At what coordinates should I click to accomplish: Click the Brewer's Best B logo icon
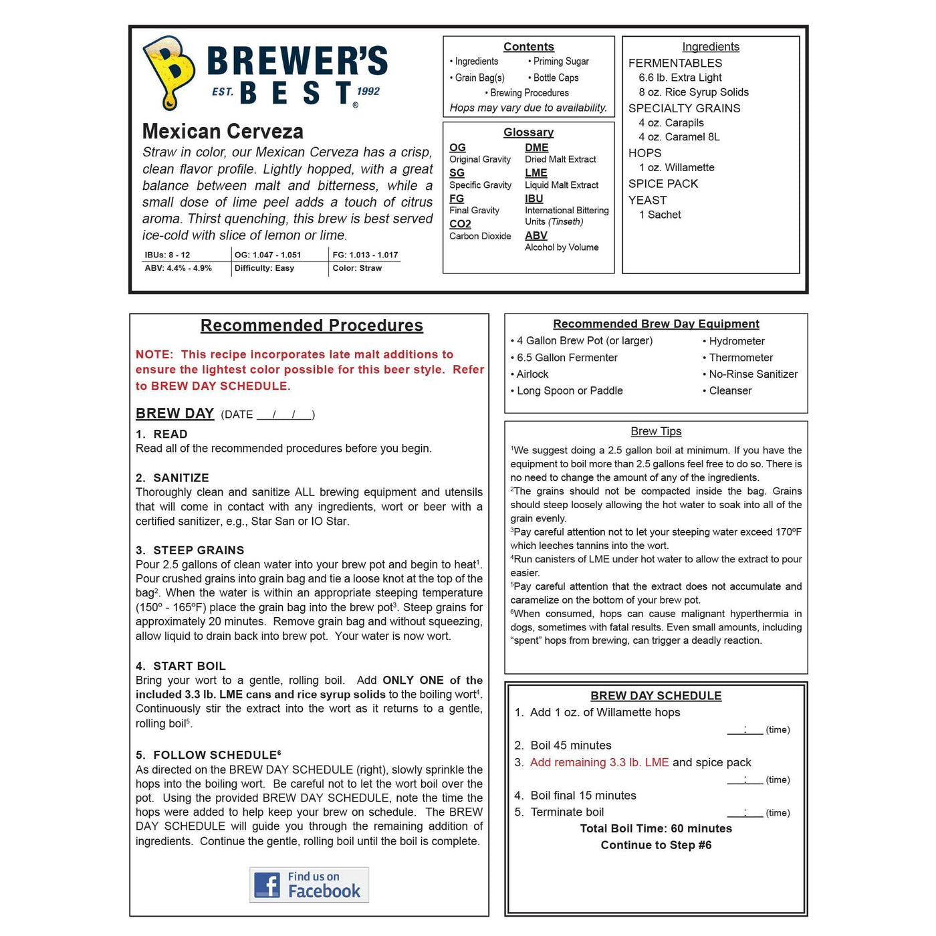(168, 72)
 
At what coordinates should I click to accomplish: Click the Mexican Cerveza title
(223, 131)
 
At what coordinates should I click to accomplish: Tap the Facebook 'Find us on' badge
(309, 885)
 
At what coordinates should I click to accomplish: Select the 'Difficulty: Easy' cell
(264, 268)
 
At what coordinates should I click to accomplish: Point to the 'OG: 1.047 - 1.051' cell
(267, 255)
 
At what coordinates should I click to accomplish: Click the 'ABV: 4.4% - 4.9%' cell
(178, 268)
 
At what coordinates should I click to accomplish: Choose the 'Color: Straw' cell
(357, 268)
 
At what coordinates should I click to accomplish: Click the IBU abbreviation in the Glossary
(534, 199)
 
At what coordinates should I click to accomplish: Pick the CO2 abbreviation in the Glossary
(460, 224)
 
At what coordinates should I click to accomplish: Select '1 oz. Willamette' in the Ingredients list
(677, 168)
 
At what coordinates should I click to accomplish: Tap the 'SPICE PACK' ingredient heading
(663, 184)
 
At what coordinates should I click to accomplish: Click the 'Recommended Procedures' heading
(312, 326)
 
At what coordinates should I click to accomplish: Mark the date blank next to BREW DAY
(285, 415)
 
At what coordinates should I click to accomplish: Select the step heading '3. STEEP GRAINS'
(190, 550)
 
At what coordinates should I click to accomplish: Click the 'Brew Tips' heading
(656, 431)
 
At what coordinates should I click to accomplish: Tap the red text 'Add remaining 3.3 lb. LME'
(599, 762)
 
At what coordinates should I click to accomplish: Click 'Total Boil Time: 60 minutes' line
(656, 828)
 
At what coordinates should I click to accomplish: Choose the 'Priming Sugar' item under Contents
(560, 62)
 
